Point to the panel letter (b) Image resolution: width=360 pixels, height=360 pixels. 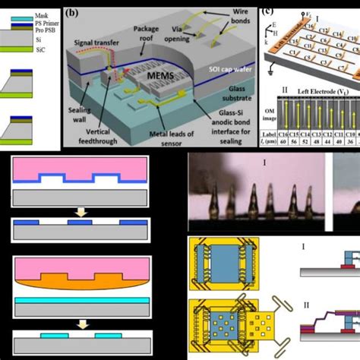pos(72,11)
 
